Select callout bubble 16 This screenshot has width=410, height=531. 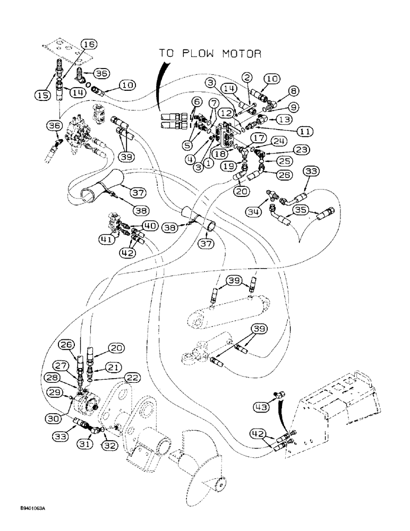coord(88,44)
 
